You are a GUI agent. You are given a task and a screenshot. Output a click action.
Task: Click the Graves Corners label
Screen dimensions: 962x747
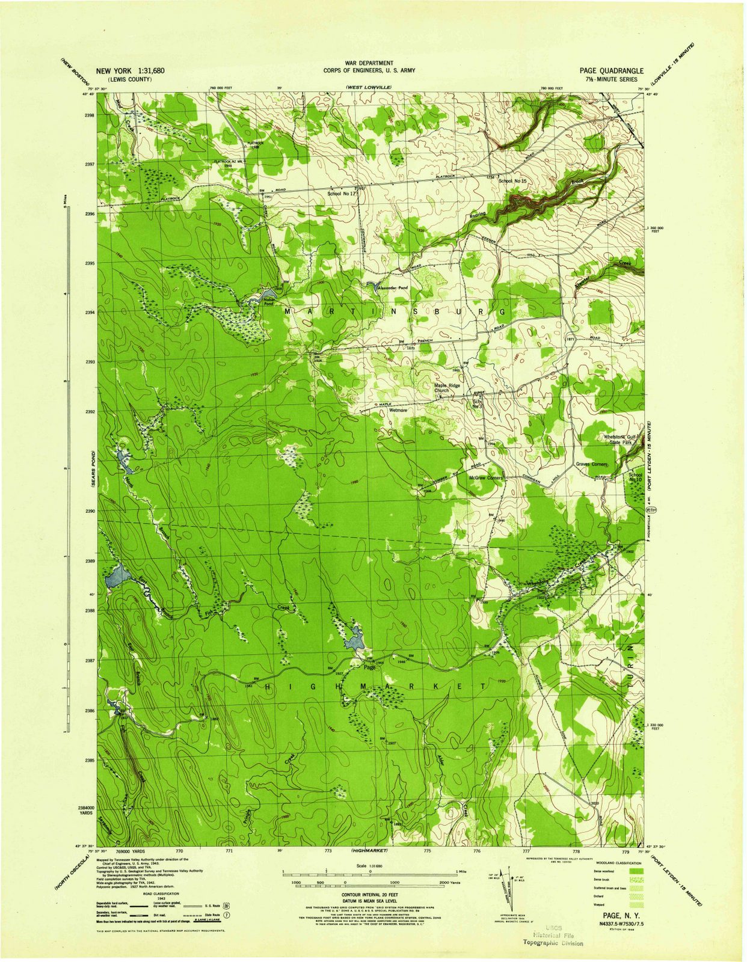[x=592, y=465]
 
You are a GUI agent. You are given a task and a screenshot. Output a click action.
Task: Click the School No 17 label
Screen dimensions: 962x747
[x=342, y=194]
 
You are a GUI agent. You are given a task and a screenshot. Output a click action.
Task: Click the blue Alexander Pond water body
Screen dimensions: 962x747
[x=370, y=283]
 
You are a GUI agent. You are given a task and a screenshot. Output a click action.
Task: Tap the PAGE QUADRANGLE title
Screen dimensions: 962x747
[x=611, y=70]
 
